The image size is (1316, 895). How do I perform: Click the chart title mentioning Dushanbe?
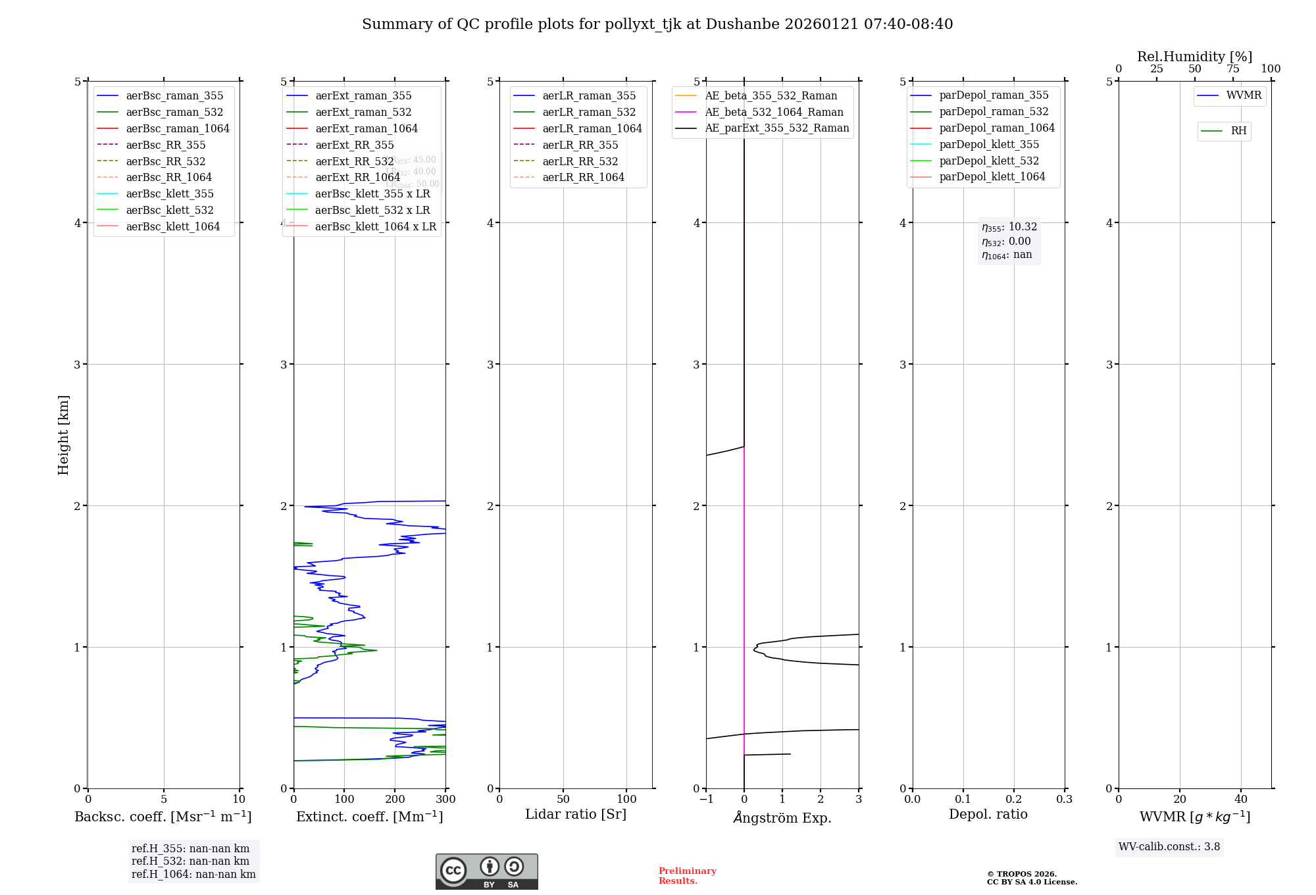coord(657,24)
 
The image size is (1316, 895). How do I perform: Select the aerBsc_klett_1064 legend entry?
coord(172,226)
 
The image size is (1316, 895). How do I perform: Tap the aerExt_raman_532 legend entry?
coord(363,112)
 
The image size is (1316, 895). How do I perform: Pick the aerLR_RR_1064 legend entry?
coord(583,177)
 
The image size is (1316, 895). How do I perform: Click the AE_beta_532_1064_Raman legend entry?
coord(774,112)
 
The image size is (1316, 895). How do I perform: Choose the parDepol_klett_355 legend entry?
coord(989,144)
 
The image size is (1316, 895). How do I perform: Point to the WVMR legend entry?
coord(1244,95)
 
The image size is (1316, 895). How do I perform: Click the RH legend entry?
coord(1238,131)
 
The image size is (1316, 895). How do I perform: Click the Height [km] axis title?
coord(63,434)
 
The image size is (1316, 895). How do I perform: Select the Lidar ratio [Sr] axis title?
coord(576,814)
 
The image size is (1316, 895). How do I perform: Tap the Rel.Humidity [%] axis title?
coord(1194,57)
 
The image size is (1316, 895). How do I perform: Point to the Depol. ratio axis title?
coord(988,814)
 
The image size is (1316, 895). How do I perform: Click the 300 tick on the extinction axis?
coord(445,799)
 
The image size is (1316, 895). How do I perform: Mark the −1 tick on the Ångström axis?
coord(706,799)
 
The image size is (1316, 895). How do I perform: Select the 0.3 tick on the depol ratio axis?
coord(1064,799)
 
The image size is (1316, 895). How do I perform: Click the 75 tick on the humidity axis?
coord(1232,69)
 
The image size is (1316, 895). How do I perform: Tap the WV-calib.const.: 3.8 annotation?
coord(1169,847)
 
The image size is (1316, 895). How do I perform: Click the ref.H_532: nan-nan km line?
coord(190,861)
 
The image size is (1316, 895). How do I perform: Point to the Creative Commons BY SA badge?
coord(486,871)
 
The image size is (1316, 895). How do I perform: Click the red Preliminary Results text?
coord(687,875)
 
